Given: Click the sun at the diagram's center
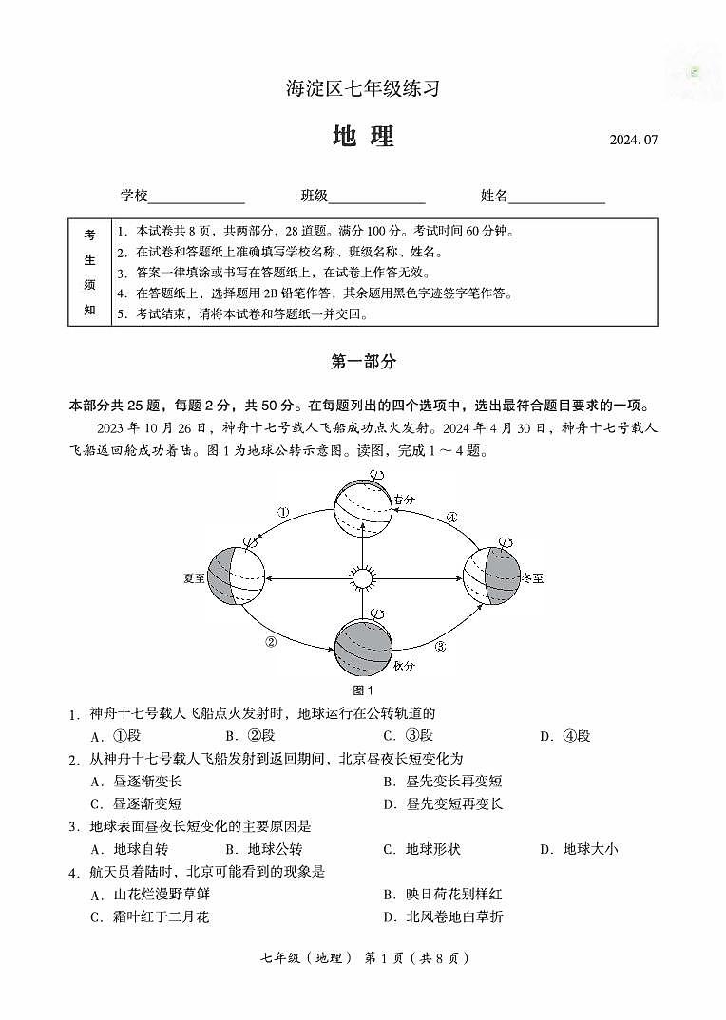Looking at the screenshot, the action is point(362,577).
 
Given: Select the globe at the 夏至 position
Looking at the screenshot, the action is point(234,576).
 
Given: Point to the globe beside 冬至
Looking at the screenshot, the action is point(491,576).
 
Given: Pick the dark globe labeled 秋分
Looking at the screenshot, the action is point(363,647).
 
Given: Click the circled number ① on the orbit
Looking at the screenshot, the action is point(283,513).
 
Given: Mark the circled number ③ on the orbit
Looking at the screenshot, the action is point(441,647).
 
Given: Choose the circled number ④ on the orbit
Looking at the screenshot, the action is point(451,518).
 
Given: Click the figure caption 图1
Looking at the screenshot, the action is point(362,690).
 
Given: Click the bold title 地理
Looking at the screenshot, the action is point(363,137).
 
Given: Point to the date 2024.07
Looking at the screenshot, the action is point(634,141).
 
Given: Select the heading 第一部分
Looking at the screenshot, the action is point(363,362).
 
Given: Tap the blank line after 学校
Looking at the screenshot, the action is point(197,197).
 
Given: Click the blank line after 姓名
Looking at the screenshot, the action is point(557,197).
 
